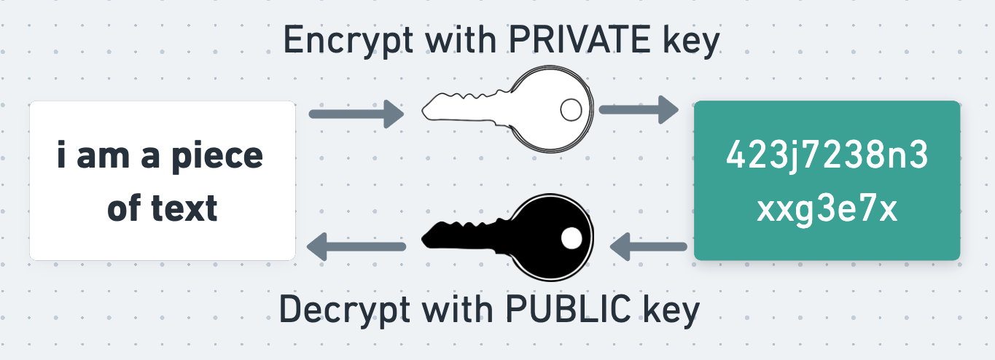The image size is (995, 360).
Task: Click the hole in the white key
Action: coord(570,109)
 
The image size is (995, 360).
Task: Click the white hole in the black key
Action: coord(571,238)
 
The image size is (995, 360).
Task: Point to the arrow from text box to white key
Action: coord(356,114)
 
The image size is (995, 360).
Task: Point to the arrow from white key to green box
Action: coord(639,110)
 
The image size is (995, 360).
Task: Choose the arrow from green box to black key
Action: coord(648,249)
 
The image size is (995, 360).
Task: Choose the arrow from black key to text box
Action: coord(356,246)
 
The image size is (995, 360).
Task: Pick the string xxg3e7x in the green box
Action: coord(827,210)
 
